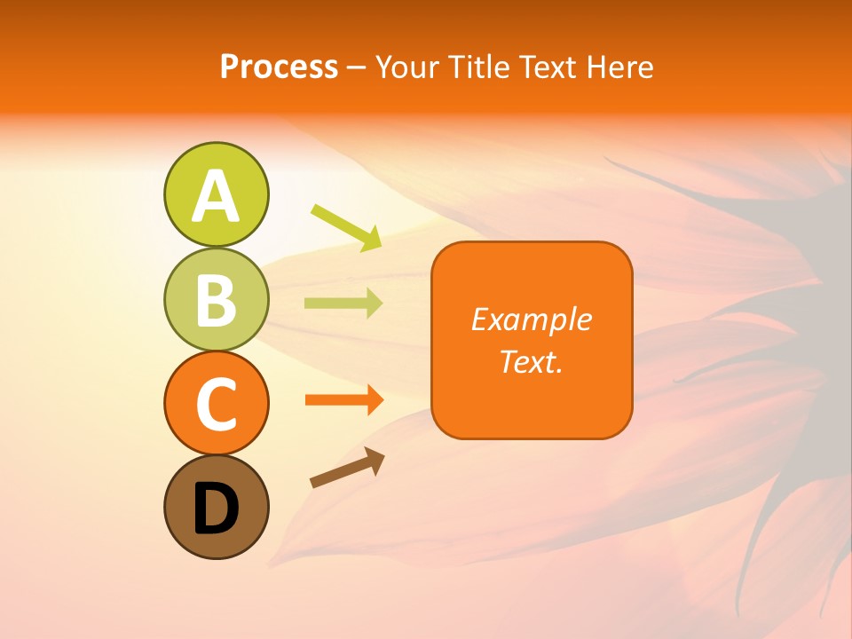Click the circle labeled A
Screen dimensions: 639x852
[x=216, y=194]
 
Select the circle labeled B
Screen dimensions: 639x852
[x=216, y=299]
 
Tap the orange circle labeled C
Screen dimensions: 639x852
[x=216, y=404]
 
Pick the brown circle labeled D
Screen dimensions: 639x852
[x=216, y=508]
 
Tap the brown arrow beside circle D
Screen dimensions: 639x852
[x=347, y=467]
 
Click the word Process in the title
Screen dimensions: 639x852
[x=279, y=67]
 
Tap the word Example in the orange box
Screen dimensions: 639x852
[x=531, y=319]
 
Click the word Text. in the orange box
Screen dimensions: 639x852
[x=531, y=361]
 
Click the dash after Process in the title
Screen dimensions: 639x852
[x=356, y=67]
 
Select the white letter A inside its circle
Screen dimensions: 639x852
[x=216, y=196]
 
